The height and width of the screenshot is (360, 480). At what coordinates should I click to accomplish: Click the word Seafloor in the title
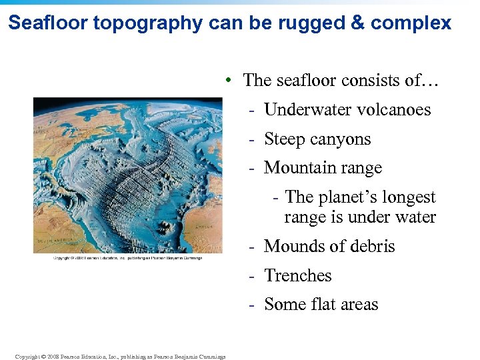[x=49, y=23]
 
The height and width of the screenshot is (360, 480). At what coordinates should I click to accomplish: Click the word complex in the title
[x=411, y=23]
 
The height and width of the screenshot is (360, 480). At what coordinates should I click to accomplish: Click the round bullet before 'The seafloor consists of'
[x=228, y=81]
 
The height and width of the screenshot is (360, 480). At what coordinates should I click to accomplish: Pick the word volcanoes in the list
[x=390, y=109]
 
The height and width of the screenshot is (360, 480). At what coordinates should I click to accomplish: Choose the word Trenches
[x=297, y=275]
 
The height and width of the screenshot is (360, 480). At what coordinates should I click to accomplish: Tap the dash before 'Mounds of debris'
[x=253, y=247]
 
